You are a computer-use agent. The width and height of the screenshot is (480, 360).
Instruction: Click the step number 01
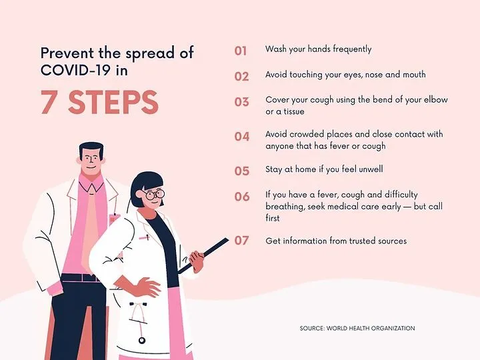click(x=241, y=51)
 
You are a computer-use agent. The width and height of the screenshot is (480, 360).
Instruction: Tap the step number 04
click(x=242, y=137)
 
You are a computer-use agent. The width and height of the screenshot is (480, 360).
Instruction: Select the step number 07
click(x=241, y=241)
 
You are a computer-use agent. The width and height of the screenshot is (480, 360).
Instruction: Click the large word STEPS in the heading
click(x=113, y=103)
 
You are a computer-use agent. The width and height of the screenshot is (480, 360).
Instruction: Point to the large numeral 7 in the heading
click(x=49, y=103)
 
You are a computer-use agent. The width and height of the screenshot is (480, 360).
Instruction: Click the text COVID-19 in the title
click(x=75, y=70)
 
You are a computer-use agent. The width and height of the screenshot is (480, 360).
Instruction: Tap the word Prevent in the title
click(x=67, y=53)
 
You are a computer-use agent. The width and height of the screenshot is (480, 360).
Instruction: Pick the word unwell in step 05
click(x=371, y=169)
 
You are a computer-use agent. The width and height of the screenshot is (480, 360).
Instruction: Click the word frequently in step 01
click(x=352, y=49)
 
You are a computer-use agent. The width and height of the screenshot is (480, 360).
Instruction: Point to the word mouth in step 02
click(x=414, y=75)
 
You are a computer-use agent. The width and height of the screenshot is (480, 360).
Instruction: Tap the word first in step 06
click(x=273, y=218)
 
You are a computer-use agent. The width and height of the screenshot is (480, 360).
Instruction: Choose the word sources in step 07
click(x=392, y=241)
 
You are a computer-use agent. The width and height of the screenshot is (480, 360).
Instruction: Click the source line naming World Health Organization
click(x=357, y=328)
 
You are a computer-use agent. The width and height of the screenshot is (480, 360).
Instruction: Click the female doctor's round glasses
click(x=153, y=195)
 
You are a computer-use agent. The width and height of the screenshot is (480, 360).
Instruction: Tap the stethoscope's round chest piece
click(x=141, y=340)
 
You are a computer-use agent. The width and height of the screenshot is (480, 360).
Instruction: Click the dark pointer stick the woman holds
click(x=203, y=255)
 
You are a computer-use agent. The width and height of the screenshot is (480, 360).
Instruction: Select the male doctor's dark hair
click(x=91, y=149)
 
